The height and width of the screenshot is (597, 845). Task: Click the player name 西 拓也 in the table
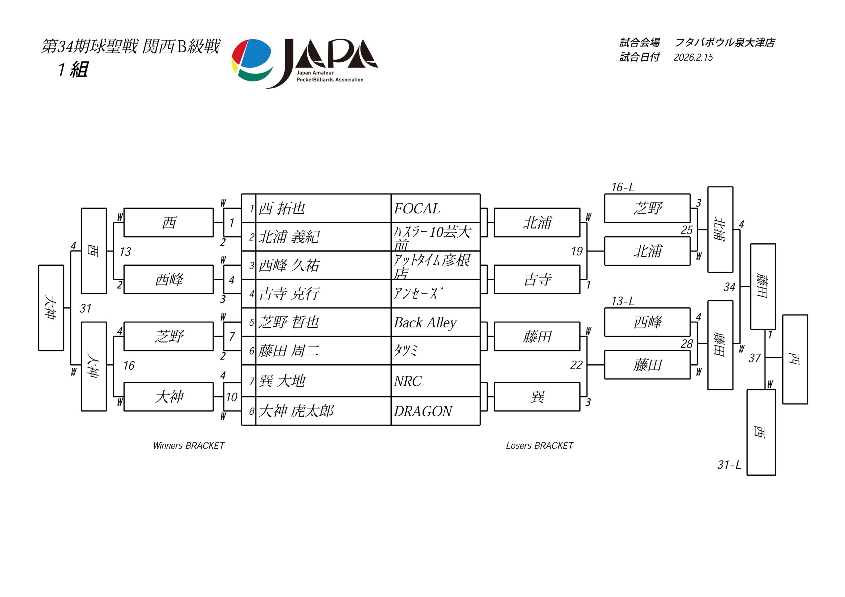click(x=282, y=208)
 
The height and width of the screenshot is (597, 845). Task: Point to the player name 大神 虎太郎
click(x=296, y=411)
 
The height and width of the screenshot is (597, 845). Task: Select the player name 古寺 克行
click(x=289, y=294)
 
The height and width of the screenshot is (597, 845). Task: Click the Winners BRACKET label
click(x=188, y=446)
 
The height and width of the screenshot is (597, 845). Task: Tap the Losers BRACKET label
click(x=540, y=446)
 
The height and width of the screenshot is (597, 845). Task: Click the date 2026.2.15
click(x=693, y=57)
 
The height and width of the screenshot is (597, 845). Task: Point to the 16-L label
click(x=623, y=188)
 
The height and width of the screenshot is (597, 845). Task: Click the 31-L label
click(x=729, y=465)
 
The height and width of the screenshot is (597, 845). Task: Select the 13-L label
click(x=623, y=301)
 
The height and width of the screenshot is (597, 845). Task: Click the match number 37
click(x=754, y=358)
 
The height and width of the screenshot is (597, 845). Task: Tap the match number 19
click(x=577, y=252)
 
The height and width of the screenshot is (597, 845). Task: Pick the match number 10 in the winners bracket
click(x=231, y=397)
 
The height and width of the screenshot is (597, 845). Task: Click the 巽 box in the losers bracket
click(x=537, y=397)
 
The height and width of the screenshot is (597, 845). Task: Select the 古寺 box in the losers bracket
click(x=537, y=280)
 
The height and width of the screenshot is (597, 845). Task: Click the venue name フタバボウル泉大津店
click(x=725, y=43)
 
